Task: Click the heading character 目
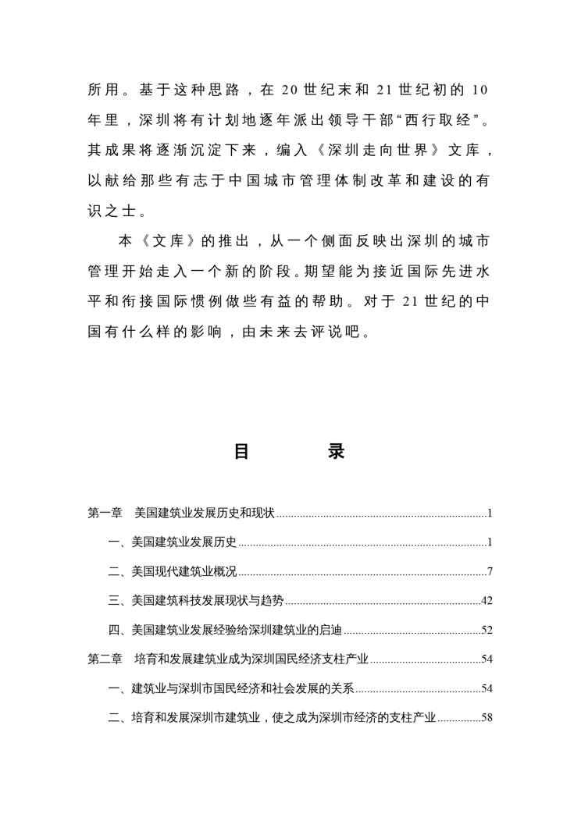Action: point(242,452)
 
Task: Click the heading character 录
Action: point(337,452)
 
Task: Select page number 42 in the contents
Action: point(487,601)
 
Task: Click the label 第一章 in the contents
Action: point(104,514)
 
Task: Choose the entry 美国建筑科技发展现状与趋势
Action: point(207,601)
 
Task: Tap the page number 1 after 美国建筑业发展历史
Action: point(489,542)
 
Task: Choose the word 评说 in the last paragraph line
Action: point(322,330)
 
